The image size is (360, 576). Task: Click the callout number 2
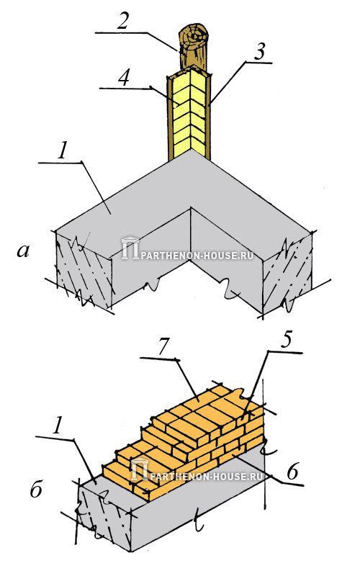pos(122,21)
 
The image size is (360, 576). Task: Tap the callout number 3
pos(259,52)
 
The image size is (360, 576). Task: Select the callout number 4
pos(125,77)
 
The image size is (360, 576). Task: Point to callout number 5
pos(285,340)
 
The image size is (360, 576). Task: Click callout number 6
pos(292,472)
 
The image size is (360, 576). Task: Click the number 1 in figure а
pos(63,150)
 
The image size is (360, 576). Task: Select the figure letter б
pos(36,489)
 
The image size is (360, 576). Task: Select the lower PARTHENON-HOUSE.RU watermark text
pos(207,477)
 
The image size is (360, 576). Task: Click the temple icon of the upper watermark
pos(130,248)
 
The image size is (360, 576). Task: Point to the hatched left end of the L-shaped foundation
pos(84,270)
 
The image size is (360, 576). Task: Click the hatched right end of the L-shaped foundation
pos(287,274)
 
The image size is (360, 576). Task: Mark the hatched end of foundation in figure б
pos(104,516)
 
